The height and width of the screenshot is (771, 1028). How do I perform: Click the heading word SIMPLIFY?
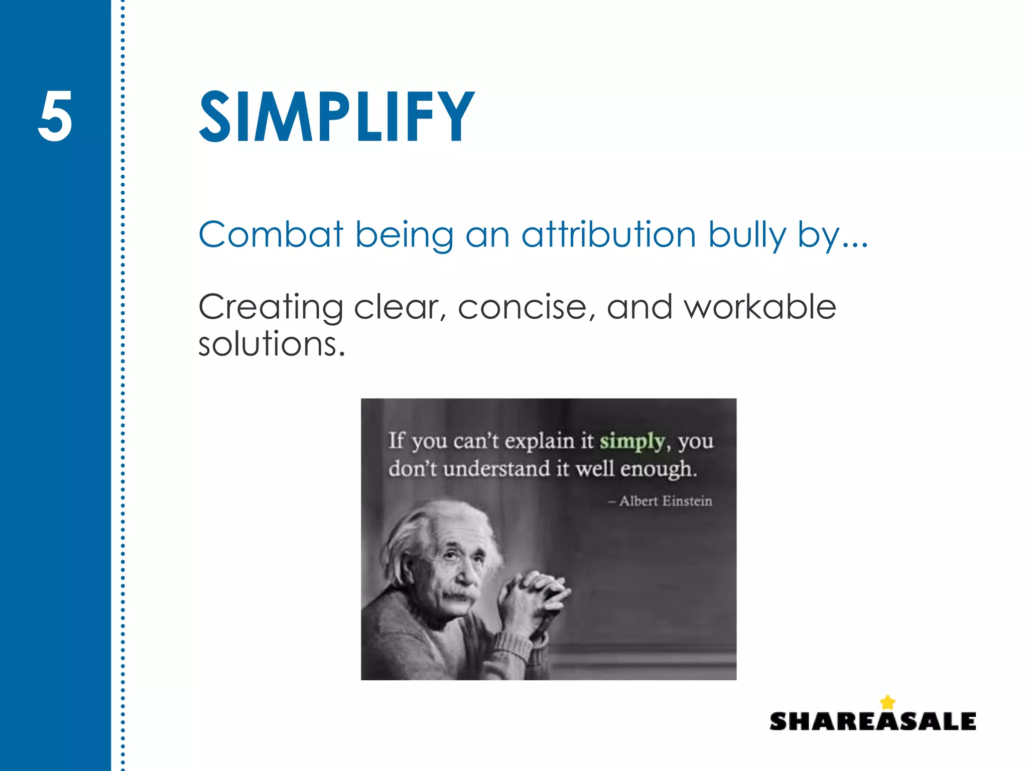(336, 117)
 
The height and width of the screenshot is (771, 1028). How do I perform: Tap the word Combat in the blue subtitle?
(271, 234)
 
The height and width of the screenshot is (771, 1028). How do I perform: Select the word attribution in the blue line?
(608, 234)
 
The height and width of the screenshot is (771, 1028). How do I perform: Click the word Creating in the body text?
(271, 307)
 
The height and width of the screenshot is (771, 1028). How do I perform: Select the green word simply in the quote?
(632, 442)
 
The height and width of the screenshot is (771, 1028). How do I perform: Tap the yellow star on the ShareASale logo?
(887, 702)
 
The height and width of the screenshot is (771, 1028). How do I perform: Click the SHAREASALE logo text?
(872, 722)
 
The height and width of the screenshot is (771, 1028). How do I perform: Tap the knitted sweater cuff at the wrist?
(517, 648)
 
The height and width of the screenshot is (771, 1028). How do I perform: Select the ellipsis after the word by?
(855, 245)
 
